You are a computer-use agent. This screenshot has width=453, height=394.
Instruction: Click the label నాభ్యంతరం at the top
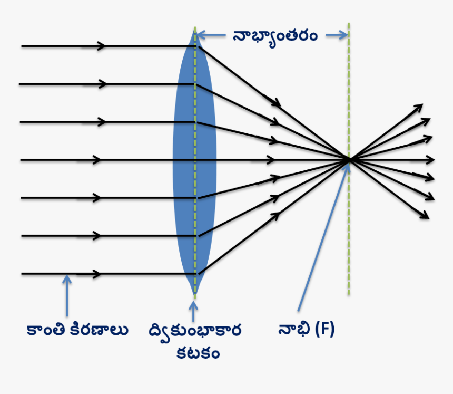click(275, 35)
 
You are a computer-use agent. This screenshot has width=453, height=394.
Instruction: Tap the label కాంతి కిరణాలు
click(77, 330)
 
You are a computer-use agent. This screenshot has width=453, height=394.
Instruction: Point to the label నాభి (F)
click(306, 330)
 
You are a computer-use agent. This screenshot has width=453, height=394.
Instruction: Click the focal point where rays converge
click(348, 159)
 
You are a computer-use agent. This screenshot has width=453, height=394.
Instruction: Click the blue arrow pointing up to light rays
click(66, 295)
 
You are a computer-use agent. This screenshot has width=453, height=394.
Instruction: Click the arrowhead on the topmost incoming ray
click(101, 46)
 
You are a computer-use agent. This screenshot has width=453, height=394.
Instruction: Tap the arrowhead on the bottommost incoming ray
click(96, 274)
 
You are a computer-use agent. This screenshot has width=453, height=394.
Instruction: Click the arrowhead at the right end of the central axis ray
click(431, 159)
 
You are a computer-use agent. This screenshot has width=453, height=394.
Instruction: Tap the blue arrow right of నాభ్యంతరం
click(340, 35)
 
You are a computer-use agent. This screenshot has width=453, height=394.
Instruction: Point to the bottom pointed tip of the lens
click(194, 294)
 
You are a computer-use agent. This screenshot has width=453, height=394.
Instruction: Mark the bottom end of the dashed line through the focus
click(348, 294)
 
